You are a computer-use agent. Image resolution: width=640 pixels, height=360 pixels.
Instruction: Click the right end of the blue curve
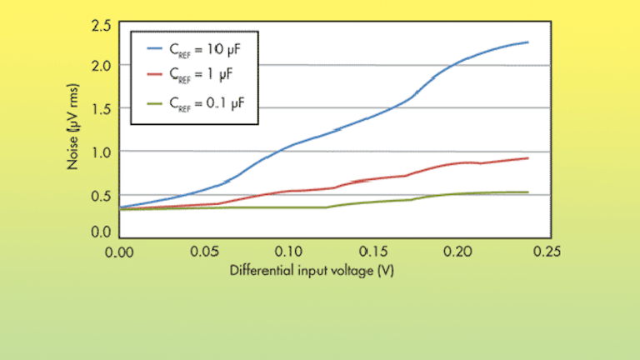click(x=528, y=42)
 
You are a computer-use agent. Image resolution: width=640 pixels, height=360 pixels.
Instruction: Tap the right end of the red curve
click(x=528, y=157)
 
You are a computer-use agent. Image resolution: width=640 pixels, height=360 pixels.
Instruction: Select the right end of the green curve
click(x=528, y=192)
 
